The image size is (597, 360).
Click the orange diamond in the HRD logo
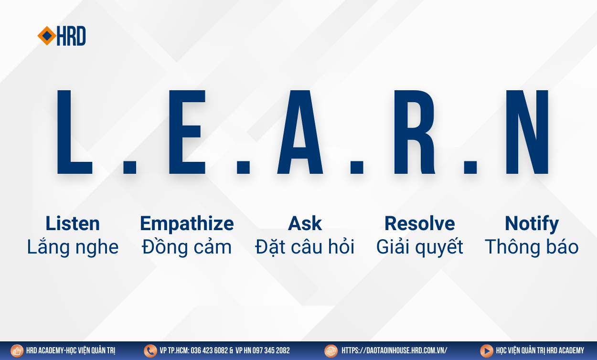[x=47, y=36]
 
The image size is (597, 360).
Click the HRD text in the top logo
[x=71, y=36]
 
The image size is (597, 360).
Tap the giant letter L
[x=75, y=132]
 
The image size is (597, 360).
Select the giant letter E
[x=187, y=132]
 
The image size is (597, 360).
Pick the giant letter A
[x=300, y=132]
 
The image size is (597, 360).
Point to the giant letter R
[x=415, y=132]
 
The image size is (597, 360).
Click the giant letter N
[x=527, y=132]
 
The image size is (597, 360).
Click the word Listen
[x=73, y=223]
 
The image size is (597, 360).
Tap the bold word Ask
[x=305, y=223]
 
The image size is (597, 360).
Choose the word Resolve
[x=419, y=223]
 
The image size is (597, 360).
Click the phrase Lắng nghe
[x=73, y=247]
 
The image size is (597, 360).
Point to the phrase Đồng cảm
[x=187, y=246]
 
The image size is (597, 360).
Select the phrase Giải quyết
[x=419, y=247]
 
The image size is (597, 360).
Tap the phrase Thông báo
[x=532, y=246]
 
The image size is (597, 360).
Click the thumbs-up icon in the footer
[x=17, y=351]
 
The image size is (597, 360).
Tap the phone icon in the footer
[x=150, y=351]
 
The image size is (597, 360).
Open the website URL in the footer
[x=394, y=350]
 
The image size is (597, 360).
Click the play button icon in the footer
[x=487, y=351]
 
